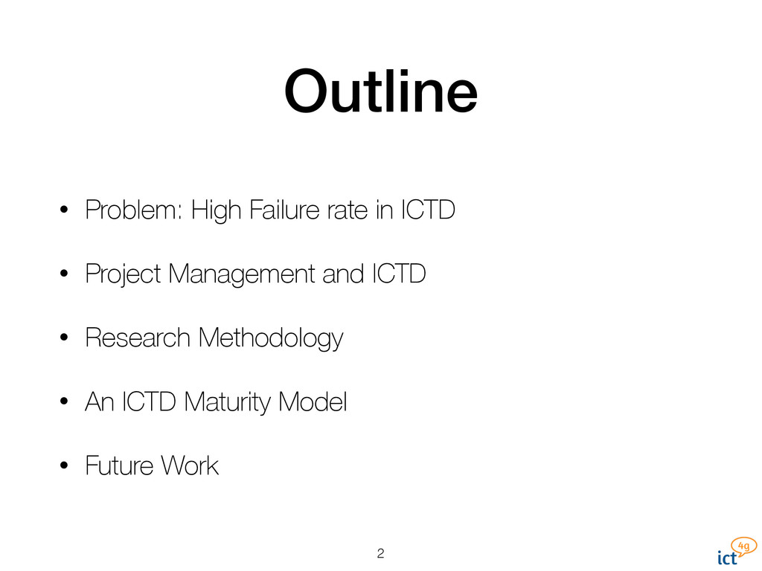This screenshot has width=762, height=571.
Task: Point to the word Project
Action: pyautogui.click(x=123, y=275)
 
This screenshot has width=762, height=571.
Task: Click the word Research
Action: pyautogui.click(x=138, y=339)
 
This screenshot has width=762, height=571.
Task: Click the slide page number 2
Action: pyautogui.click(x=380, y=553)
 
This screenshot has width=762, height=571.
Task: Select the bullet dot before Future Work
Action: pyautogui.click(x=65, y=467)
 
